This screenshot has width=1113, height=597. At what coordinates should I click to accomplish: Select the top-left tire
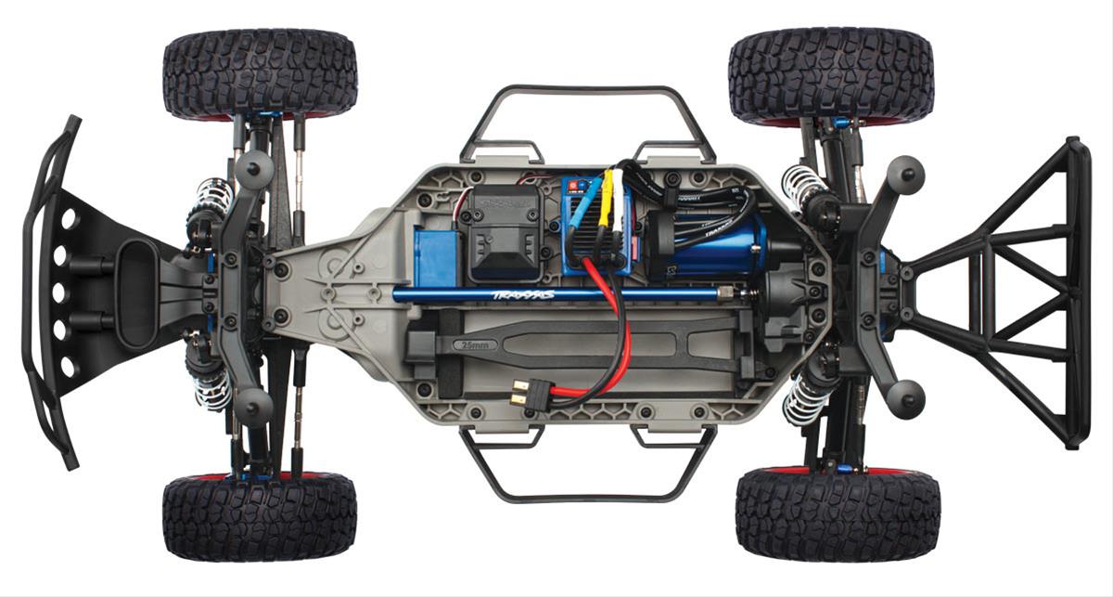tap(260, 73)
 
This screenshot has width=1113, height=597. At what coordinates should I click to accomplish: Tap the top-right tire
tap(830, 74)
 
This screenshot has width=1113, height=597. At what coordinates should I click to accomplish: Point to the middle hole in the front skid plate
tap(67, 292)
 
